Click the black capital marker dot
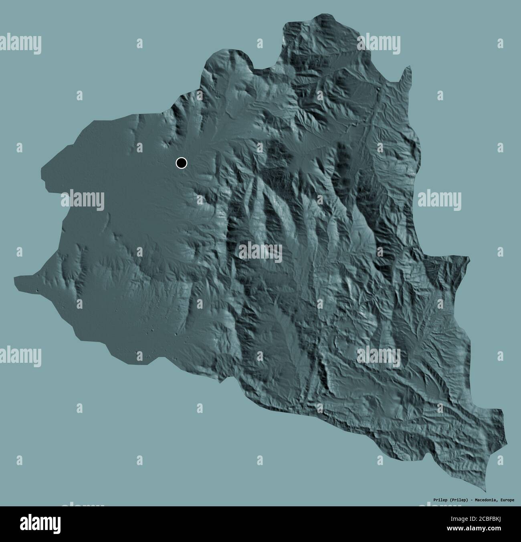181,163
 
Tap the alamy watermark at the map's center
260,253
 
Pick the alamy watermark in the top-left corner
20,44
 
